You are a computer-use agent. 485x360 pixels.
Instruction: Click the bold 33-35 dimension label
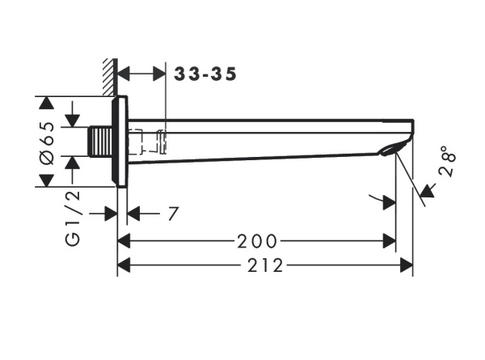pos(205,74)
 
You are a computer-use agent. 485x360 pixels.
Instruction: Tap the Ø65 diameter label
pos(47,143)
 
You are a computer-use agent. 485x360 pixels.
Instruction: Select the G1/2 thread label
pos(73,218)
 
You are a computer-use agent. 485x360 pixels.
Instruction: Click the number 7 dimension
pos(173,214)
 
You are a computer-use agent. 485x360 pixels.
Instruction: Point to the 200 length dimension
pos(257,241)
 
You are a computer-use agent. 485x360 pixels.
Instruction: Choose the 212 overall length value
pos(265,265)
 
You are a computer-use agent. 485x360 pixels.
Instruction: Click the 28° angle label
pos(448,161)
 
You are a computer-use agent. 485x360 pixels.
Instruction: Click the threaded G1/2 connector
pos(100,142)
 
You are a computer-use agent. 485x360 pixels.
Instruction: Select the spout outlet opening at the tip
pos(390,150)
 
